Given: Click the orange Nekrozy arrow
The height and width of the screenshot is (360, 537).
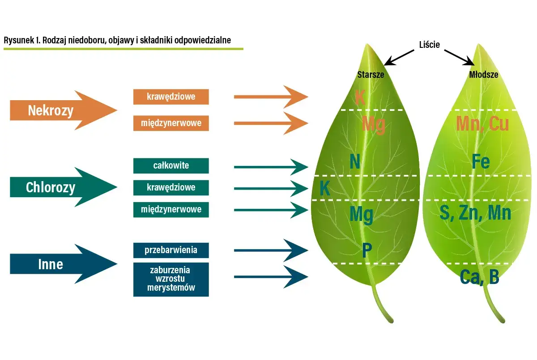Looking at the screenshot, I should pos(58,110).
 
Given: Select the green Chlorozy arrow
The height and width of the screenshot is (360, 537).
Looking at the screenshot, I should pos(58,187).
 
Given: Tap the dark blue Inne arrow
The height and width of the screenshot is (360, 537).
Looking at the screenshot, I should pos(58,264).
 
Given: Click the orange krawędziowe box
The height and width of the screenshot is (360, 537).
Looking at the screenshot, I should pos(171,97).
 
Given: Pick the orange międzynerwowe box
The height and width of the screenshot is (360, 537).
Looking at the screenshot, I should pos(171,123).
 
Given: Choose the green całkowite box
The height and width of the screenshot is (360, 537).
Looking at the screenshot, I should pos(171,165).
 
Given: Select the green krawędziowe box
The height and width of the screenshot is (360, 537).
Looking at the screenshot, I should pos(171,187).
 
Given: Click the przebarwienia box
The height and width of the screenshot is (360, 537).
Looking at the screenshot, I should pos(171,250).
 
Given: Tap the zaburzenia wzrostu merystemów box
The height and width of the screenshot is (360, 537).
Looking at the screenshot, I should pos(171,279).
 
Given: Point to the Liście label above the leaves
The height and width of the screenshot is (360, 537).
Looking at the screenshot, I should pos(429,45).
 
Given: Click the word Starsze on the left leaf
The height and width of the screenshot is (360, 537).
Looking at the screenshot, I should pos(371,75).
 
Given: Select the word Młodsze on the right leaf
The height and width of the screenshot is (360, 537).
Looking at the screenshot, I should pos(483,75).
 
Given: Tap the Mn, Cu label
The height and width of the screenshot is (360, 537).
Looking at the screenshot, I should pos(482,124).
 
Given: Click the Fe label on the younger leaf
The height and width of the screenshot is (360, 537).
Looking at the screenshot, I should pos(481,162).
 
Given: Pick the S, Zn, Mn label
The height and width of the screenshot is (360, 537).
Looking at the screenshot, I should pos(475,213).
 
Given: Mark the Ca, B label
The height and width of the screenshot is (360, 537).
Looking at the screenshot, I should pos(479,278).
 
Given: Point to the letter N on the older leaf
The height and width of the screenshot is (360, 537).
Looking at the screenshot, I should pos(355,162).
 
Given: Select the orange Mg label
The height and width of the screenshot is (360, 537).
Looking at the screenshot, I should pos(373,124).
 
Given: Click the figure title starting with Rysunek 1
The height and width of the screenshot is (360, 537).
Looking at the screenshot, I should pos(117,40).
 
